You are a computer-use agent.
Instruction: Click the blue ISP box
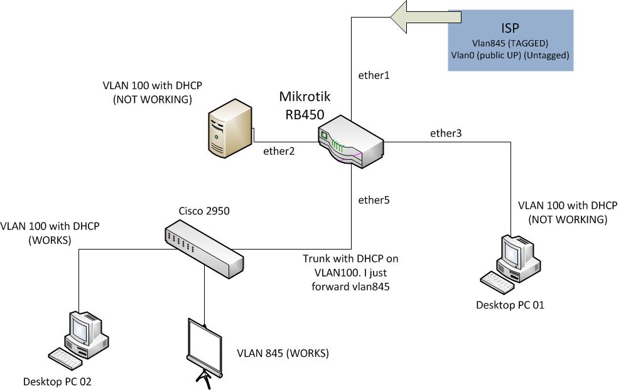pos(510,40)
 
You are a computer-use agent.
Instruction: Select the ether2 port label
pos(279,150)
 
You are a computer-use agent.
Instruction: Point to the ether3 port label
pos(445,133)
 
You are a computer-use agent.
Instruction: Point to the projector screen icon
pos(205,349)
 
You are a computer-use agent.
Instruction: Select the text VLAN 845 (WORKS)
pos(283,354)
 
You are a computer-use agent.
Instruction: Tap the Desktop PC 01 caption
pos(510,305)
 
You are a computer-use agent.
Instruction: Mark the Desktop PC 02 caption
pos(57,381)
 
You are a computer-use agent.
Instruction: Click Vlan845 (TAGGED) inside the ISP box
pos(510,44)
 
